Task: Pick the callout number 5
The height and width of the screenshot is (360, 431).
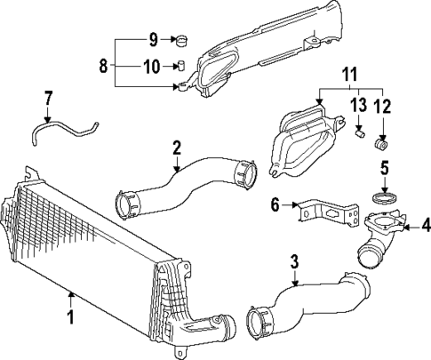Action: [386, 166]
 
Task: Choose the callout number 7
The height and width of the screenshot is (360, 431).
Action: [49, 96]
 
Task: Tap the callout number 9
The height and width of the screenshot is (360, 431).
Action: [152, 38]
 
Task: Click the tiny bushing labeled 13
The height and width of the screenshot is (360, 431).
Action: [361, 134]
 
